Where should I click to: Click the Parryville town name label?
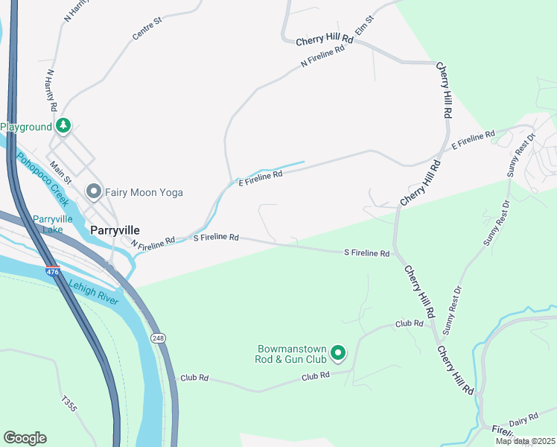click(x=115, y=230)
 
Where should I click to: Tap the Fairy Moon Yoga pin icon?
click(x=94, y=192)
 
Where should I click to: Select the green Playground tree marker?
click(x=64, y=127)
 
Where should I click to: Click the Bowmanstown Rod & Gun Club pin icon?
click(x=338, y=353)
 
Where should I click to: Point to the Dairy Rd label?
click(x=522, y=416)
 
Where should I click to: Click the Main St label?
click(x=60, y=174)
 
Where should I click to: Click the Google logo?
click(x=25, y=438)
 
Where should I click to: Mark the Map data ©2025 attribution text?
click(x=524, y=441)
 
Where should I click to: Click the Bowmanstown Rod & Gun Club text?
click(x=291, y=353)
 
